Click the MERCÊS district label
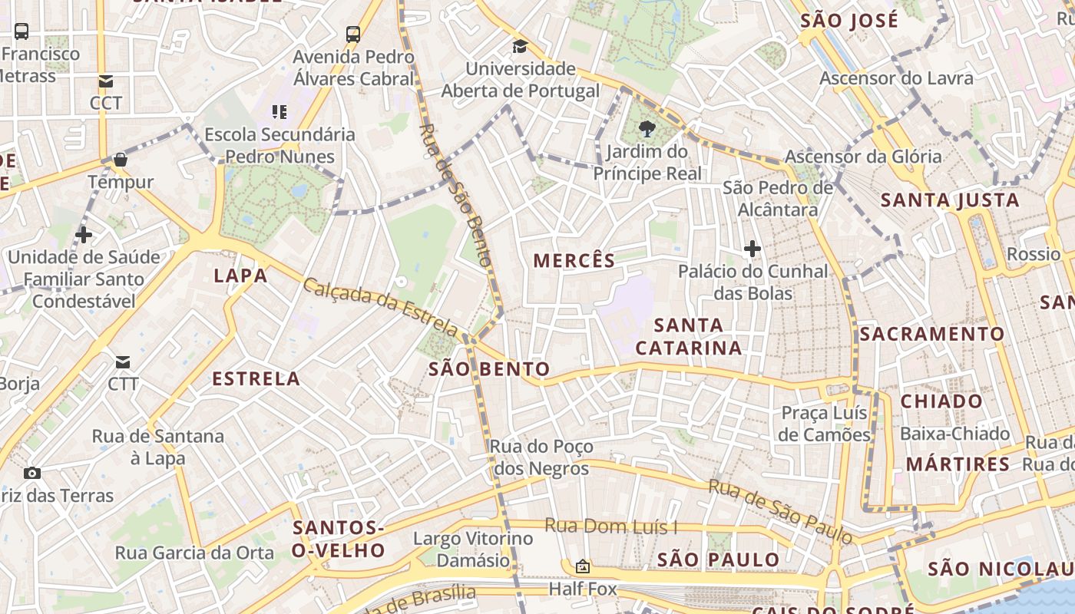point(574,261)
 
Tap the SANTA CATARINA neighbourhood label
point(689,336)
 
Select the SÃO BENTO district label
point(489,369)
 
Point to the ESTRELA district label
point(256,378)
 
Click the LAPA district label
point(240,276)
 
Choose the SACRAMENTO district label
point(931,334)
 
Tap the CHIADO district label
point(941,401)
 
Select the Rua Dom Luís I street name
point(611,527)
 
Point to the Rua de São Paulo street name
point(780,510)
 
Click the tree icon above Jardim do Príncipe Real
point(647,129)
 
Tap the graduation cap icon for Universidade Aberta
point(520,47)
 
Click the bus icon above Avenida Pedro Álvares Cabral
point(353,34)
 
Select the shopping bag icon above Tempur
point(121,160)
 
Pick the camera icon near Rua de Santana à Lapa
point(32,473)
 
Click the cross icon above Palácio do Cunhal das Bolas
point(752,249)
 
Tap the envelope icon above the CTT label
point(123,361)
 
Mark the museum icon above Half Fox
point(583,566)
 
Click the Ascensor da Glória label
point(862,157)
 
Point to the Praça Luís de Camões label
point(824,424)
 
